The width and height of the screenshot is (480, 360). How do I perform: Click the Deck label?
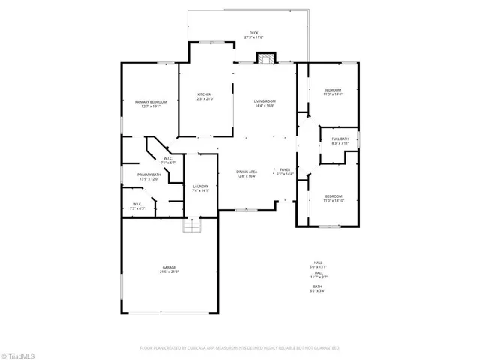254,33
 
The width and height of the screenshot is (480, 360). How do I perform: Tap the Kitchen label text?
204,94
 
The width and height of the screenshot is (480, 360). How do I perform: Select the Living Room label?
265,101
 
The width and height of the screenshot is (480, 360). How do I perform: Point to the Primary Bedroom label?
151,101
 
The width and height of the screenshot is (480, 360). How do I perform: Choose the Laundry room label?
200,187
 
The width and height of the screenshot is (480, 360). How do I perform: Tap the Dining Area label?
247,172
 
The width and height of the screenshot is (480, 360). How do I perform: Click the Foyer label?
285,170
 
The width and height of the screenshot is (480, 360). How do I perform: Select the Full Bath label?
340,139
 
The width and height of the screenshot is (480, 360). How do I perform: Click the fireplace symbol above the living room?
265,58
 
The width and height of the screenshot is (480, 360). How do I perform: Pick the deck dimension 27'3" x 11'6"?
254,37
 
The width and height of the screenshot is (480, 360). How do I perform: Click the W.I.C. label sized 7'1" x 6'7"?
168,160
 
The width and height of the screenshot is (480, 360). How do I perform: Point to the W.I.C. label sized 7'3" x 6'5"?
136,205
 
